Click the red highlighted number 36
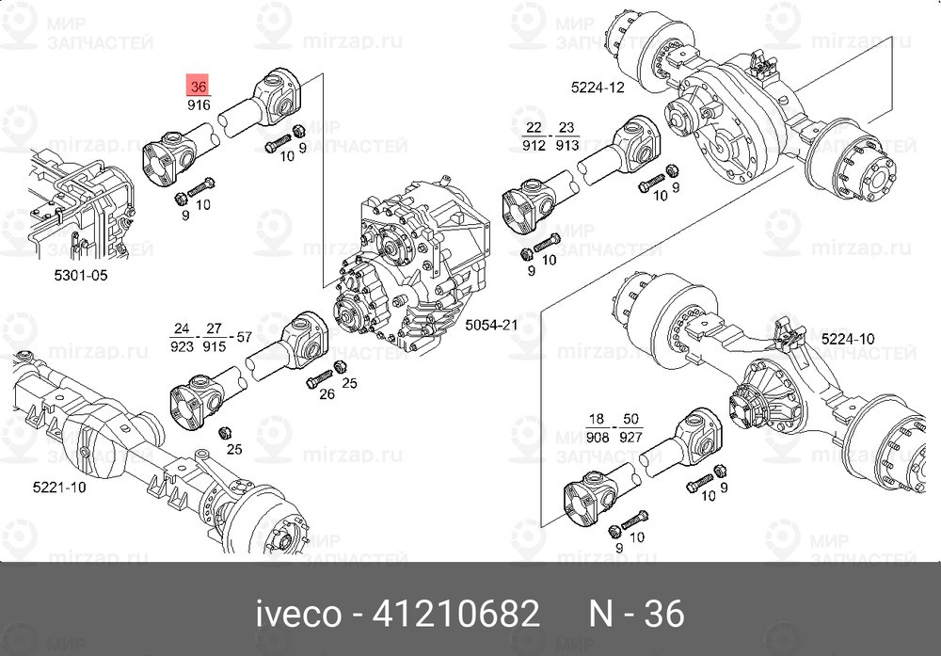tap(198, 86)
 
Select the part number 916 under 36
tap(198, 105)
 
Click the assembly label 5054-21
tap(492, 325)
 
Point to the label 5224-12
tap(598, 88)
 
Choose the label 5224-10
tap(847, 338)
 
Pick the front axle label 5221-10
tap(59, 488)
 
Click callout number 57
tap(244, 336)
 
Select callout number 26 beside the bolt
tap(327, 393)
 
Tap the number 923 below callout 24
tap(182, 346)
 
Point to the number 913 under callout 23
tap(566, 145)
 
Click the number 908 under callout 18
tap(597, 436)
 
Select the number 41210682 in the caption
tap(457, 615)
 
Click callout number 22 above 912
tap(534, 127)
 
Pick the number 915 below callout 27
tap(215, 346)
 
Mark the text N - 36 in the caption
tap(636, 615)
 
